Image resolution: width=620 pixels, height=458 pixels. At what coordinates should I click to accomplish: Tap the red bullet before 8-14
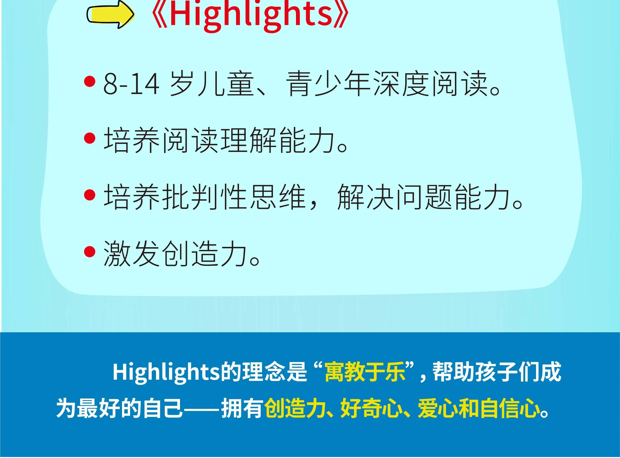point(89,81)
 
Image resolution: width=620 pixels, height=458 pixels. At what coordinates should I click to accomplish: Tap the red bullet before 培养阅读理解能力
point(89,138)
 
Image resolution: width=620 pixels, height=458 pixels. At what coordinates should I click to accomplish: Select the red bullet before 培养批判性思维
point(89,195)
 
